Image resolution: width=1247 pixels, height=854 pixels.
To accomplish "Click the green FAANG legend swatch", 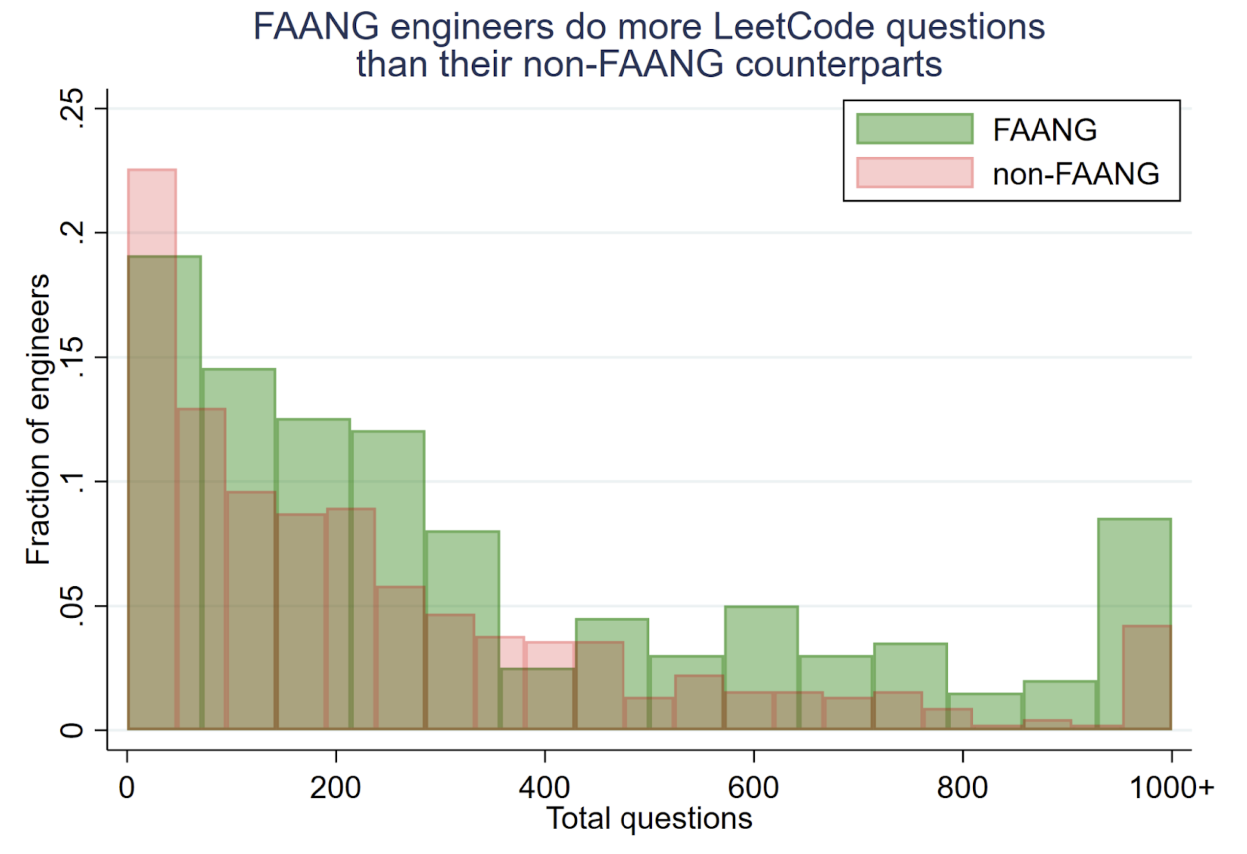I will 914,129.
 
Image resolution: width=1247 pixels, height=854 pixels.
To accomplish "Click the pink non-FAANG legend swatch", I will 914,173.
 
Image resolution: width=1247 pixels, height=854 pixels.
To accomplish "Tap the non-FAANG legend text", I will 1075,174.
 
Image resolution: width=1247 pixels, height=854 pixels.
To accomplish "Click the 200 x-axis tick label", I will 335,788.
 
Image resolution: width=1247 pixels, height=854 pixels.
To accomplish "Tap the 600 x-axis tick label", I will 753,788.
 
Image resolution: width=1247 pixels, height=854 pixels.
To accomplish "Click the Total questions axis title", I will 649,818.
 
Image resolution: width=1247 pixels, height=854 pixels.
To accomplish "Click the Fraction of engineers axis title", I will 38,419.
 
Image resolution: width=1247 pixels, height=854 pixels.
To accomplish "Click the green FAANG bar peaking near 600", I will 761,644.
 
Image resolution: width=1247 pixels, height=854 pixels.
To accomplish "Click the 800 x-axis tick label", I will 962,788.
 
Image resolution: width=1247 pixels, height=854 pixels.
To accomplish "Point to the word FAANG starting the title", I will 316,27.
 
